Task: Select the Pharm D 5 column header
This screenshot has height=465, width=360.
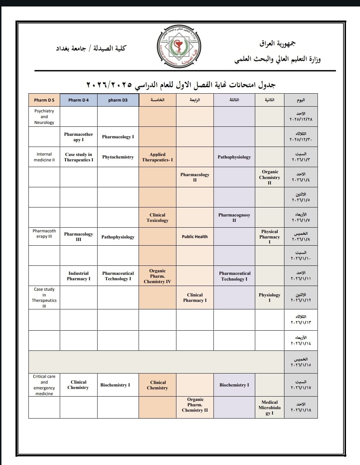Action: click(44, 100)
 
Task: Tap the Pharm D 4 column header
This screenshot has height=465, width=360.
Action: click(78, 100)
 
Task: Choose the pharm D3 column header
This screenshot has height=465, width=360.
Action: click(118, 100)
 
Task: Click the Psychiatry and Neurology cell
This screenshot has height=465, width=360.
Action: click(44, 117)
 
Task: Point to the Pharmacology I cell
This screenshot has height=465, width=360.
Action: click(118, 137)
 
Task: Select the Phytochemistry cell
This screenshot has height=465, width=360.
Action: click(118, 157)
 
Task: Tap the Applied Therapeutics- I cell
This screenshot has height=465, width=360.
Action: click(157, 157)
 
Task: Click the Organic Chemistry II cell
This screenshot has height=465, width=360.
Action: click(270, 177)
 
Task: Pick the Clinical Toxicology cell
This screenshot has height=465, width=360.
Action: click(157, 218)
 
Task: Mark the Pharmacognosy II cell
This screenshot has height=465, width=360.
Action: click(234, 218)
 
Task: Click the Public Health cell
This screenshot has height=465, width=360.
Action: click(195, 237)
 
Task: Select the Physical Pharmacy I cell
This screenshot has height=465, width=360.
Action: click(270, 237)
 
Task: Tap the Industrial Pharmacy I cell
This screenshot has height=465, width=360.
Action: click(78, 276)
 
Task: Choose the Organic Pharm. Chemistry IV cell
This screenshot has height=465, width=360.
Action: click(157, 276)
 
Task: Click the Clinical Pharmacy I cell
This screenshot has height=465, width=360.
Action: click(195, 298)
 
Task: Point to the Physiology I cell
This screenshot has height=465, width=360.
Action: click(270, 298)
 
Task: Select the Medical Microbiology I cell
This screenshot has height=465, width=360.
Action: click(270, 407)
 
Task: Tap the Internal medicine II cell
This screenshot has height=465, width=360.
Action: click(44, 157)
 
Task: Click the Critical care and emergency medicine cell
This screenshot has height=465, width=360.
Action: click(44, 385)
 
